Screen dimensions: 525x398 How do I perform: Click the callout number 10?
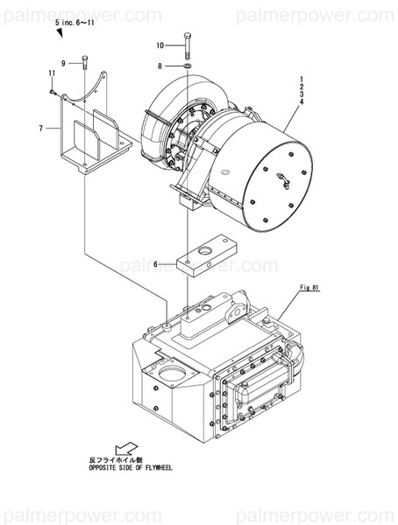click(160, 45)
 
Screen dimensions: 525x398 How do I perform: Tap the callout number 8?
click(160, 66)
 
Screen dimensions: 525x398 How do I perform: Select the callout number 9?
click(63, 62)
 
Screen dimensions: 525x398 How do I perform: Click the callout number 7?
click(40, 129)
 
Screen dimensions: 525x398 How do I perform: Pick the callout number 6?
click(156, 263)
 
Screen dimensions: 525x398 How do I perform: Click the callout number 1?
click(301, 80)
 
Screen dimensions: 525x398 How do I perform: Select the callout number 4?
click(301, 103)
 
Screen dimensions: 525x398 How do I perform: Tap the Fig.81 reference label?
click(311, 286)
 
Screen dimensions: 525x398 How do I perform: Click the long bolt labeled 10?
click(188, 45)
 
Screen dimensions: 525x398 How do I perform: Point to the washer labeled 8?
click(188, 66)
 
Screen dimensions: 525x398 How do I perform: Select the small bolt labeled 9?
click(84, 62)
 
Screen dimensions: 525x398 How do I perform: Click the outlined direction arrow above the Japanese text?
click(129, 446)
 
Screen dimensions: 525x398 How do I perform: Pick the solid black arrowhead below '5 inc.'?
click(59, 32)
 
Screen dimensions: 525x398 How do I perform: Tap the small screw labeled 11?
click(54, 91)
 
